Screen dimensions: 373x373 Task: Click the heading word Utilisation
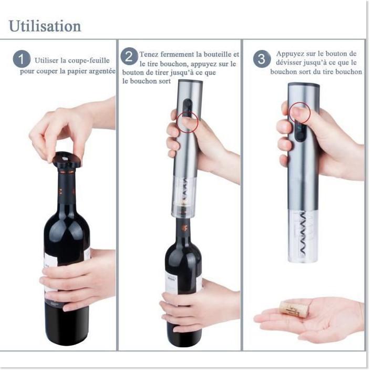(x=45, y=26)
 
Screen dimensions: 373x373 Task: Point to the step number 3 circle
(x=262, y=59)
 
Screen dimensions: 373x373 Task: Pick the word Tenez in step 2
(x=150, y=54)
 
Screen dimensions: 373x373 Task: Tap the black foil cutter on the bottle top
(x=66, y=160)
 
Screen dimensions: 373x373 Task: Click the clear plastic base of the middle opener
(x=184, y=197)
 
